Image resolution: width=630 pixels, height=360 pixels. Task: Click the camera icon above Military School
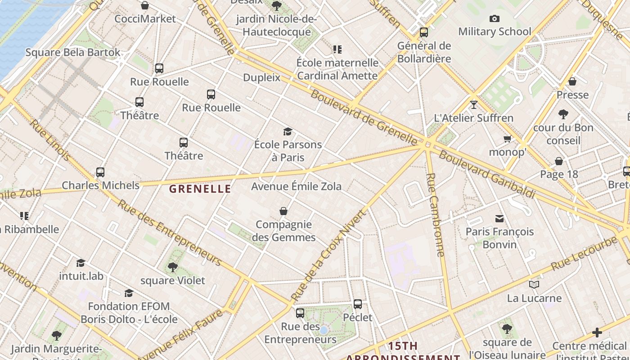(x=495, y=18)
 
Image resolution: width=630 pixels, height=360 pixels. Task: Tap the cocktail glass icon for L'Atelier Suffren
(x=473, y=105)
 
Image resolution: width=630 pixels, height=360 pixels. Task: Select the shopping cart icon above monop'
(x=508, y=139)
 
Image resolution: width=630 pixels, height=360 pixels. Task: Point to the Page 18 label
(x=559, y=174)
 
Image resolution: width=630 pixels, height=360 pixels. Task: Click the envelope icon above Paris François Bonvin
(x=499, y=219)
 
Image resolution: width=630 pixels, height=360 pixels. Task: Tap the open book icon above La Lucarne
(x=534, y=284)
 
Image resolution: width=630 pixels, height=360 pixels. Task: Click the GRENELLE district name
(x=200, y=189)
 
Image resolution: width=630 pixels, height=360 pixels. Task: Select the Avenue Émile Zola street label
(x=296, y=186)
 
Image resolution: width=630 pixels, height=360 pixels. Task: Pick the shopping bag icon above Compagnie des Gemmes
(x=283, y=211)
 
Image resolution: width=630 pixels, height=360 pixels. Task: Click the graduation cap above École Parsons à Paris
(x=288, y=131)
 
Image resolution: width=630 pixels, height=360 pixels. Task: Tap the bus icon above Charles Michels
(x=100, y=172)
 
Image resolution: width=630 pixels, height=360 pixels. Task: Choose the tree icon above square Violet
(x=172, y=267)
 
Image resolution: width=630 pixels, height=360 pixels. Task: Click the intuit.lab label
(x=81, y=275)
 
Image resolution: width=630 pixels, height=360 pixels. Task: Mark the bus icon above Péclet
(x=358, y=304)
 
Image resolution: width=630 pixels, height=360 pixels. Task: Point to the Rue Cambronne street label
(x=436, y=215)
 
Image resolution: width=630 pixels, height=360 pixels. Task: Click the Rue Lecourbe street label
(x=584, y=253)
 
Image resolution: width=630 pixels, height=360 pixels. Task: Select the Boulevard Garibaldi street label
(x=487, y=175)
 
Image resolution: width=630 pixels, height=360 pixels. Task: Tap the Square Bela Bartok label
(x=73, y=52)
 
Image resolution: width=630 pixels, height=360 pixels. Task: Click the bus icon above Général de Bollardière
(x=423, y=32)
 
